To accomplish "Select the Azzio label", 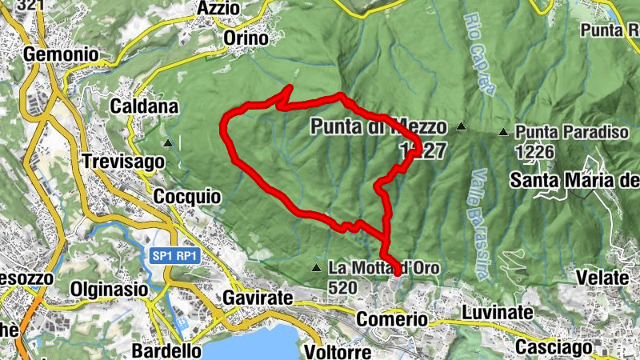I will (219, 8).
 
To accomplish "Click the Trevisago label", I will (122, 161).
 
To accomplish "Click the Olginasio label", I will (110, 288).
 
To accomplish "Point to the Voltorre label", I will (338, 352).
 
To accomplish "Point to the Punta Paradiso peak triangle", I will (503, 132).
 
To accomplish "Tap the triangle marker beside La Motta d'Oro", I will (318, 267).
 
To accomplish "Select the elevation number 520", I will (342, 286).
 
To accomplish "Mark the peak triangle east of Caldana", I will (168, 144).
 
